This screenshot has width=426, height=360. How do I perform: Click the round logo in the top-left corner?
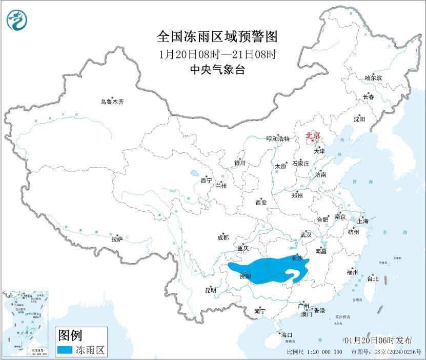point(17,20)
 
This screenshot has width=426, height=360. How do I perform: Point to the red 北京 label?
point(313,136)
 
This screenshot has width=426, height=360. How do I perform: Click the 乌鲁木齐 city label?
point(112,102)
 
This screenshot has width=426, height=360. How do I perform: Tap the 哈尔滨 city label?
point(373,78)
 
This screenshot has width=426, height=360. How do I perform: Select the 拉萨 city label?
point(117,238)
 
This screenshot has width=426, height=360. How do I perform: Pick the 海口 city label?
point(287,334)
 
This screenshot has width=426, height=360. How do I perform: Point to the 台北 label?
point(373,279)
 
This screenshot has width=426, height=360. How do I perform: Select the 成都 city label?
point(223,237)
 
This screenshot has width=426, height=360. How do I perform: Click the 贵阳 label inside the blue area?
point(245,276)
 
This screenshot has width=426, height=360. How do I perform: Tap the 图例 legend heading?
point(70,336)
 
